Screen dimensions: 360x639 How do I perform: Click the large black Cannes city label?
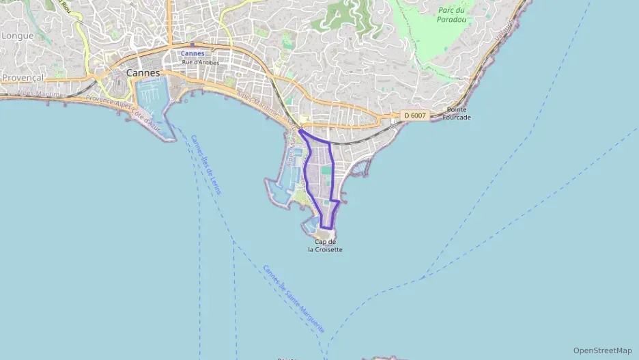143,72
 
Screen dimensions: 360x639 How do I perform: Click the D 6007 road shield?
414,115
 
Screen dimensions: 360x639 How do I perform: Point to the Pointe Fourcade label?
457,113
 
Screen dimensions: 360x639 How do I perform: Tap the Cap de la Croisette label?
325,246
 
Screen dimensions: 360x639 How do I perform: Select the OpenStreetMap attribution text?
602,350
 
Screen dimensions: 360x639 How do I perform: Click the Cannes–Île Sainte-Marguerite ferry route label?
294,299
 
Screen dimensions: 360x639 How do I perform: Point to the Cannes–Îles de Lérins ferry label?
205,164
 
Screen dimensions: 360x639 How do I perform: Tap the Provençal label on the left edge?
22,78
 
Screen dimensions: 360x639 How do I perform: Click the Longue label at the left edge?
17,36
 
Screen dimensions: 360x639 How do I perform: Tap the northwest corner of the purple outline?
300,130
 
